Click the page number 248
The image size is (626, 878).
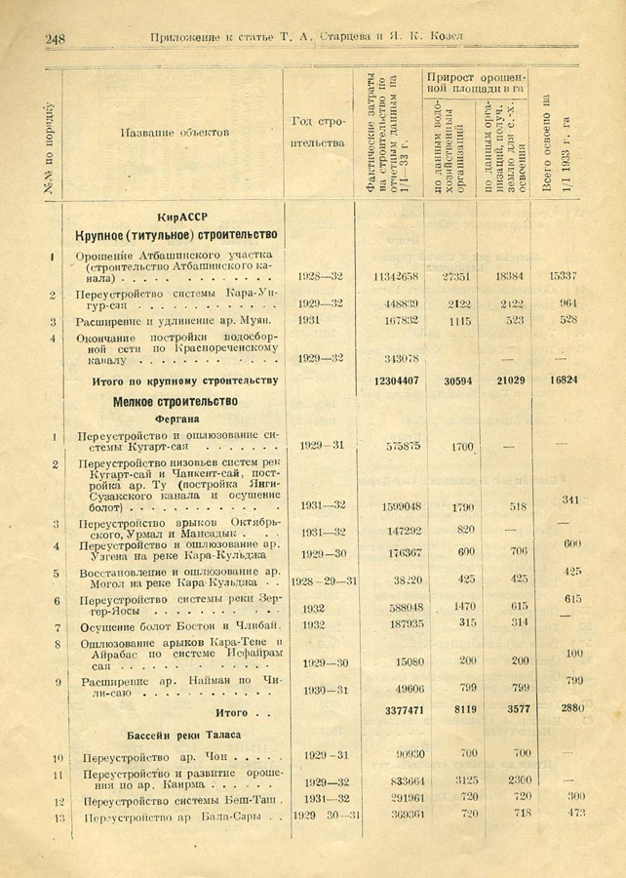[x=55, y=38]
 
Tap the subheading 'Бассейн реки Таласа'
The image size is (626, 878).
[x=183, y=734]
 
